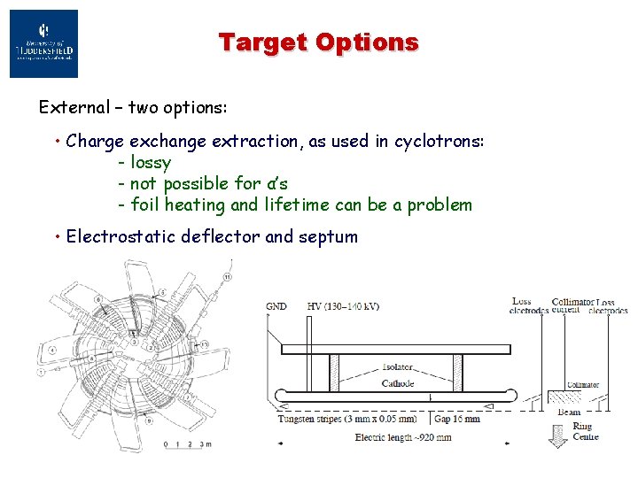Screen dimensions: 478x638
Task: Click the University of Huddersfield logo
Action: [43, 43]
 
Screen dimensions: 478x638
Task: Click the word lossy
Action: [151, 162]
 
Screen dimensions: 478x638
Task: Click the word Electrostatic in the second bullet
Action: [123, 236]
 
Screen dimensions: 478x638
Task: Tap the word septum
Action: [328, 236]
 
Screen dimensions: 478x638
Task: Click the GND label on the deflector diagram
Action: [276, 306]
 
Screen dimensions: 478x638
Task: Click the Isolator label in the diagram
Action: [397, 366]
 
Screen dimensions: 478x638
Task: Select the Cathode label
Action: [397, 383]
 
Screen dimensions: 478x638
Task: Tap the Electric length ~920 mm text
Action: [403, 437]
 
